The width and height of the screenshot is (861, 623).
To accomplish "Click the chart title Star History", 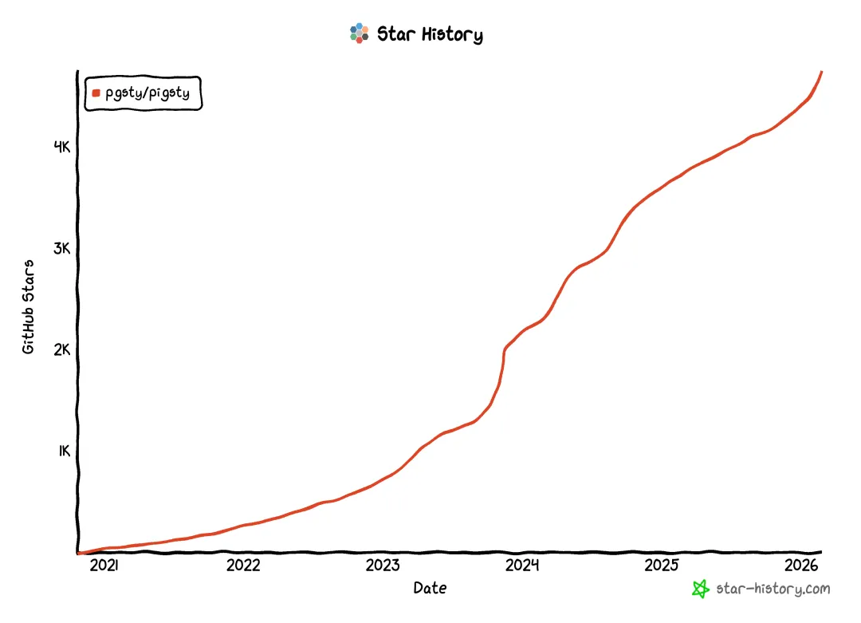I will pyautogui.click(x=430, y=34).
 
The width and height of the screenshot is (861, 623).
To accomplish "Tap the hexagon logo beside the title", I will pyautogui.click(x=360, y=34).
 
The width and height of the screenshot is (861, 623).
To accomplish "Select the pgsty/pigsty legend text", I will pyautogui.click(x=147, y=93).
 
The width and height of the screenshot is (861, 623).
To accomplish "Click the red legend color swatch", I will pyautogui.click(x=96, y=93).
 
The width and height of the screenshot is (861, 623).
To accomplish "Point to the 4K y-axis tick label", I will pyautogui.click(x=62, y=147).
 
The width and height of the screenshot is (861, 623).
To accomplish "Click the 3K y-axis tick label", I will pyautogui.click(x=62, y=248).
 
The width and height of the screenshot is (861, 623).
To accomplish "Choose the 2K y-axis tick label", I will pyautogui.click(x=62, y=349).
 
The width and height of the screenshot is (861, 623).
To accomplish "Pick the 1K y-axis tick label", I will pyautogui.click(x=64, y=451).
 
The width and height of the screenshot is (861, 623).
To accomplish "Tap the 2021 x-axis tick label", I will pyautogui.click(x=104, y=566).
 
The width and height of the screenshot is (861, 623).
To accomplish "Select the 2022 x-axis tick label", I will pyautogui.click(x=243, y=566).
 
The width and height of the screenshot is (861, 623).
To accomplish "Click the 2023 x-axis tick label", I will pyautogui.click(x=383, y=566).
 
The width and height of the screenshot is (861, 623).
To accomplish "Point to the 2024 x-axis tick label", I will pyautogui.click(x=522, y=566).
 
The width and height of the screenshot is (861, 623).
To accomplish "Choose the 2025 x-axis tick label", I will pyautogui.click(x=662, y=566).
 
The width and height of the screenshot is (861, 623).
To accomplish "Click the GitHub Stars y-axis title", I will pyautogui.click(x=29, y=307).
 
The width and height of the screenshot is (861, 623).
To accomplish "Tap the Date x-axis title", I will pyautogui.click(x=430, y=589).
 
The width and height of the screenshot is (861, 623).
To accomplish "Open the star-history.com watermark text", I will pyautogui.click(x=773, y=589).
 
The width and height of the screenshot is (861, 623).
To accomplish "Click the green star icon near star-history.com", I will pyautogui.click(x=700, y=589).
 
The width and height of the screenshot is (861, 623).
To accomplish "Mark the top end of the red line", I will pyautogui.click(x=821, y=72).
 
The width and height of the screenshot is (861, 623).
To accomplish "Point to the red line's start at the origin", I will pyautogui.click(x=79, y=552).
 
